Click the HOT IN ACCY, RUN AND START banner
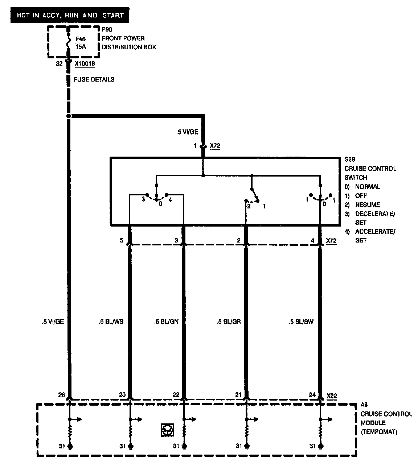tap(69, 15)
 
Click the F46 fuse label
tap(81, 38)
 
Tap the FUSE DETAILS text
tap(94, 79)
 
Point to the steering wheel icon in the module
tap(167, 430)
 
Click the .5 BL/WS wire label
tap(111, 321)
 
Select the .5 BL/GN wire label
tap(166, 321)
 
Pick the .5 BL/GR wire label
tap(229, 321)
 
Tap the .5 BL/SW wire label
tap(301, 321)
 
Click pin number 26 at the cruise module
tap(61, 395)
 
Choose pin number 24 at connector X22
tap(312, 395)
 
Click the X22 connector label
tap(332, 395)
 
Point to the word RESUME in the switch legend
tap(368, 205)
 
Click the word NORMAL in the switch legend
tap(368, 187)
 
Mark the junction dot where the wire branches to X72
tap(68, 116)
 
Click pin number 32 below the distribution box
tap(59, 63)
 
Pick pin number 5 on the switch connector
tap(122, 240)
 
